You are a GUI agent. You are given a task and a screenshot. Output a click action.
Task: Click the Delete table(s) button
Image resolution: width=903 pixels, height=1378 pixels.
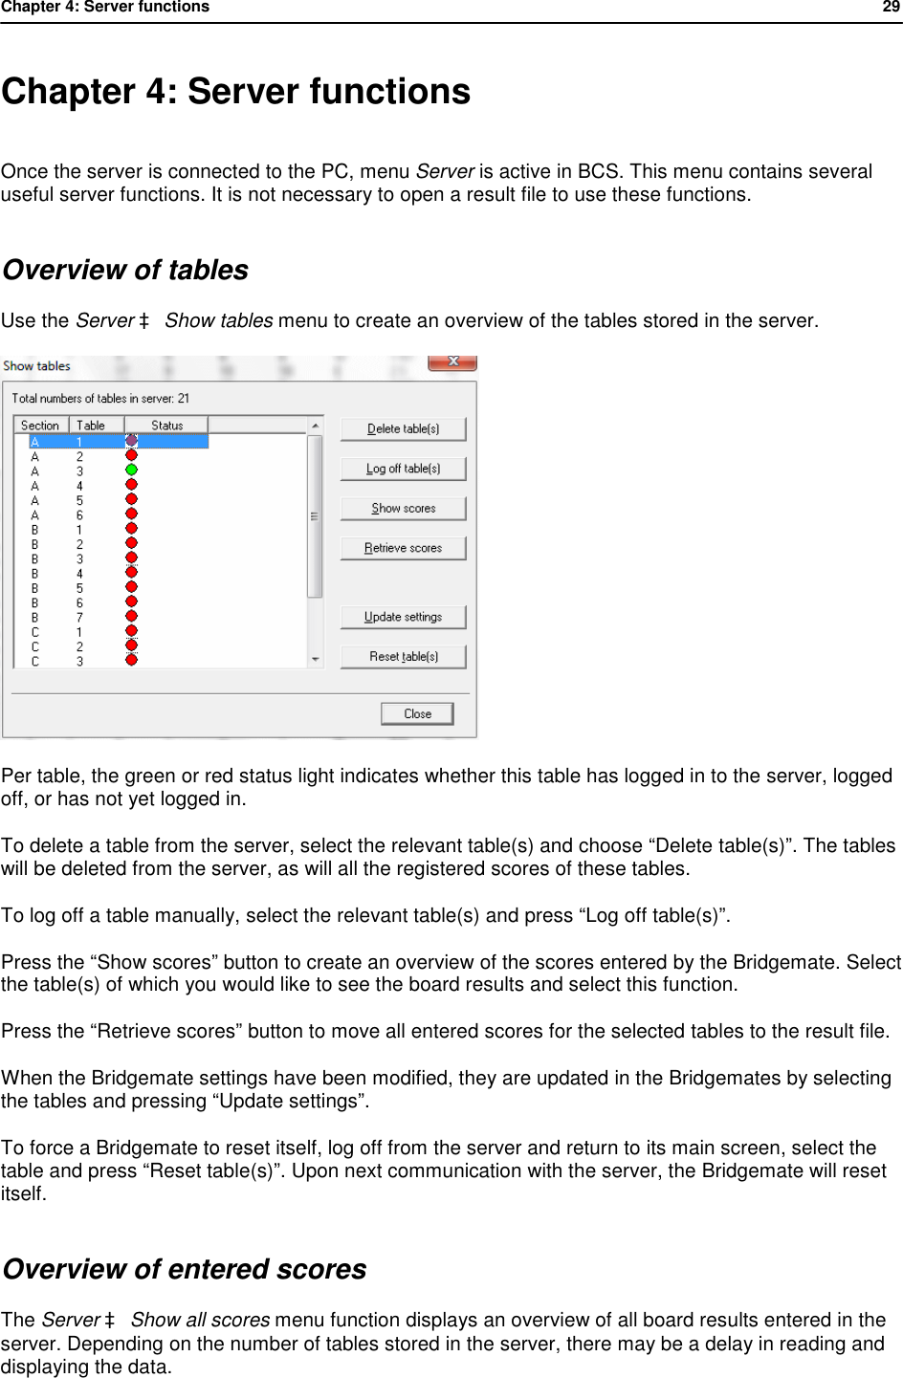403,429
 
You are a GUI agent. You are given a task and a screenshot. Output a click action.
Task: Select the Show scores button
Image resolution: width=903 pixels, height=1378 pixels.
403,509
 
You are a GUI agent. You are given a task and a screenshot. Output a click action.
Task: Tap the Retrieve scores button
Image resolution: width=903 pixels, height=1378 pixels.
403,548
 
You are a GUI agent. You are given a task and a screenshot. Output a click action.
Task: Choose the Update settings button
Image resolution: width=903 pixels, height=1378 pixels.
403,617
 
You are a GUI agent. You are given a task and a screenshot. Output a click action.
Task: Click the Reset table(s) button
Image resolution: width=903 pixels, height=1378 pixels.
403,657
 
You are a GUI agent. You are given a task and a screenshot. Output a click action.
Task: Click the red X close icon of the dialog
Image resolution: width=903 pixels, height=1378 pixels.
452,361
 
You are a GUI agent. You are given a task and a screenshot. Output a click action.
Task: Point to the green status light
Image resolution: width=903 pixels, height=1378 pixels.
131,470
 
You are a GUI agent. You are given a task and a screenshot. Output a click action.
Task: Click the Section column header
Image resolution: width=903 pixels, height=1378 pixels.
40,426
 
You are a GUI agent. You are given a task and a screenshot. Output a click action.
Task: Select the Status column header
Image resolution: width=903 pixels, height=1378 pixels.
166,426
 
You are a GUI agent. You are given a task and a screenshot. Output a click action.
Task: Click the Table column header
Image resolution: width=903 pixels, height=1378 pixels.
91,426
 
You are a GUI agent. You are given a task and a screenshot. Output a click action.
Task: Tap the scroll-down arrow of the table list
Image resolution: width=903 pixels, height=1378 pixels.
315,659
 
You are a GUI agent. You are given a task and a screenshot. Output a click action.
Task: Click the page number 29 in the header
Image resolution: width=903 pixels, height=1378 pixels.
891,8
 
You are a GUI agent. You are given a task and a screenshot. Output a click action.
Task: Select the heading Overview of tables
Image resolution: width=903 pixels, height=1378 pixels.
125,271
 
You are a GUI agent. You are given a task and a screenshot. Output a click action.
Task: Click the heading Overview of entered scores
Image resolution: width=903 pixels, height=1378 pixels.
185,1269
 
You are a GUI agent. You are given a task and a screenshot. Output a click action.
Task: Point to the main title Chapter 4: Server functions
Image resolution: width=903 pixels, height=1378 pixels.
236,92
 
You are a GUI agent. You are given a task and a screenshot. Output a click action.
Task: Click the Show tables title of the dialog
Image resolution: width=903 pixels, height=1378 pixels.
37,366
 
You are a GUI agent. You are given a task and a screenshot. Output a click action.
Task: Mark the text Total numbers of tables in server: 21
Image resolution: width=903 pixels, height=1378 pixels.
100,399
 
